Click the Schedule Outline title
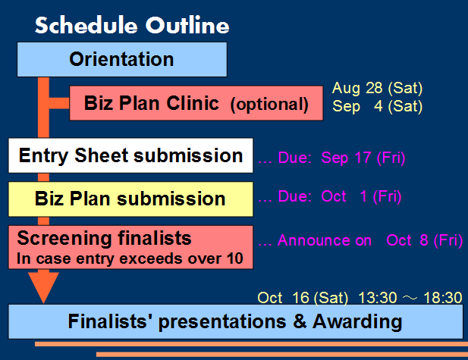pos(132,25)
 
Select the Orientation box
pos(122,59)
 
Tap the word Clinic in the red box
pos(193,103)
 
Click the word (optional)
pos(269,105)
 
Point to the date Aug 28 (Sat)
pos(377,88)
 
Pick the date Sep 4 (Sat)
pos(377,106)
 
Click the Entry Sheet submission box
pos(130,155)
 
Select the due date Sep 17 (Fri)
pos(363,158)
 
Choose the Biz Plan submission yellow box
pos(130,199)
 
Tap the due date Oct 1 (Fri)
pos(361,196)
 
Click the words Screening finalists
pos(104,238)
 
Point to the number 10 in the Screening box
pos(235,258)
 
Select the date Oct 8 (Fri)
pos(425,240)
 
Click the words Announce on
pos(325,240)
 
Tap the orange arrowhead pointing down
pos(43,287)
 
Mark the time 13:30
pos(377,298)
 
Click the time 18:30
pos(443,298)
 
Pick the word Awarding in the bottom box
pos(357,322)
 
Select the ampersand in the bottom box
pos(300,321)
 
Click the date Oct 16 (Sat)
pos(303,298)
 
